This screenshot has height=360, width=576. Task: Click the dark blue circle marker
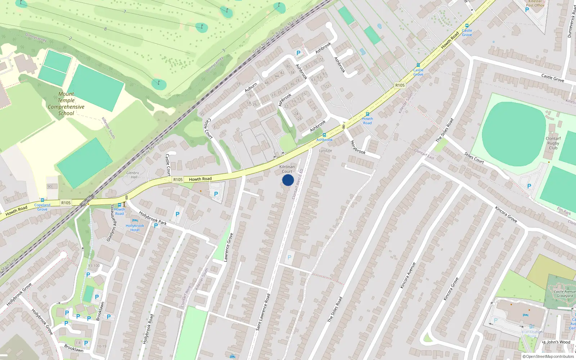[x=288, y=180]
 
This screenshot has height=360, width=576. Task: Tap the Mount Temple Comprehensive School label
[x=66, y=104]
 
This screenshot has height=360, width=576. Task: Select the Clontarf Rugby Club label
[x=553, y=143]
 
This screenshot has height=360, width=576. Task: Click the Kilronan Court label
[x=287, y=169]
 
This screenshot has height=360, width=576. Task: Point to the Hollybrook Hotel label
[x=135, y=228]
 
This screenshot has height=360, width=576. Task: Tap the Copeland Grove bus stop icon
[x=42, y=200]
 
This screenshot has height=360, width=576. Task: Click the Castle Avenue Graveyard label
[x=564, y=294]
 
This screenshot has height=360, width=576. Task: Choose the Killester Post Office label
[x=535, y=4]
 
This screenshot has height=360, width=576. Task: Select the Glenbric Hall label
[x=133, y=175]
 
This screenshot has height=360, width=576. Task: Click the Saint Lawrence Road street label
[x=263, y=312]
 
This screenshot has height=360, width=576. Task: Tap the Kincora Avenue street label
[x=408, y=275]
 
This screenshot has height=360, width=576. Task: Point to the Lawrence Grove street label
[x=228, y=247]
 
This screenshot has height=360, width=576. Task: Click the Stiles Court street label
[x=474, y=158]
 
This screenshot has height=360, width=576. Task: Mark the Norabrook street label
[x=358, y=147]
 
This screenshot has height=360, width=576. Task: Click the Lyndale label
[x=325, y=150]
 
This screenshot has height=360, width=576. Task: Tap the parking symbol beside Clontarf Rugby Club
[x=529, y=186]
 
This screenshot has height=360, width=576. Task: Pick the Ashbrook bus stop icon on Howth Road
[x=324, y=135]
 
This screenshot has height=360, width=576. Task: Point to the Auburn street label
[x=251, y=87]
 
